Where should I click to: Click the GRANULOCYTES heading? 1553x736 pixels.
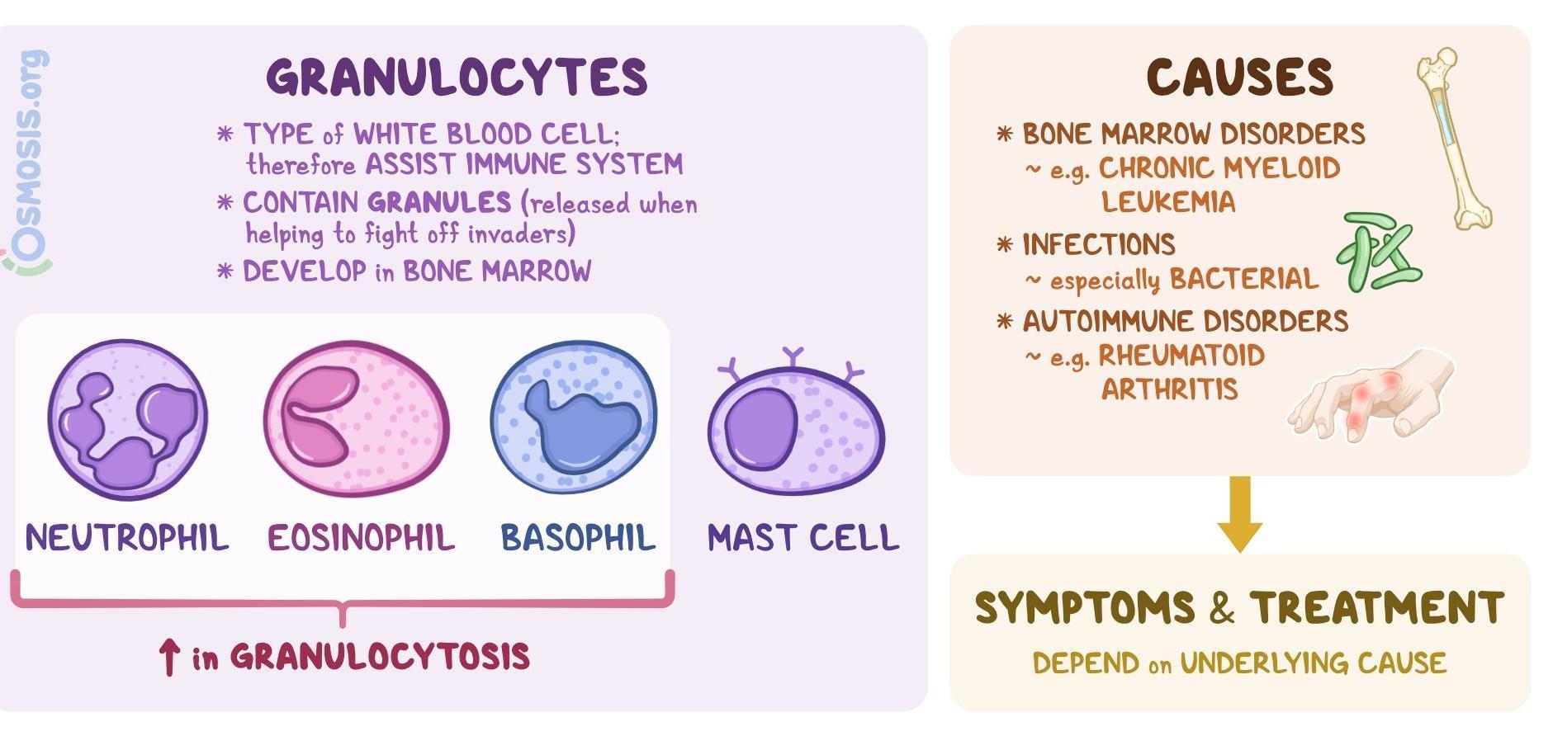click(x=457, y=78)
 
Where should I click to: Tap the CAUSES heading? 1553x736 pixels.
click(x=1239, y=78)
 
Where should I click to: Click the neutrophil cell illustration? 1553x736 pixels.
click(x=127, y=419)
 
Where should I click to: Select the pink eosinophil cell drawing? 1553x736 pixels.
click(x=357, y=419)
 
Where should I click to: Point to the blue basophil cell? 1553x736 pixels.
click(x=574, y=417)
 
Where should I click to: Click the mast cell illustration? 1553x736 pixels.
click(x=796, y=429)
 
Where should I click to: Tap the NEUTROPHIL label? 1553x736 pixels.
click(x=126, y=538)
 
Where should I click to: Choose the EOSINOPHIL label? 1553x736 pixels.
click(x=361, y=538)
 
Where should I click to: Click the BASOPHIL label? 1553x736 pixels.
click(x=577, y=538)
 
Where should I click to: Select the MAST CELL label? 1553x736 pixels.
click(x=803, y=538)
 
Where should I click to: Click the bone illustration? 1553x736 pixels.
click(x=1454, y=136)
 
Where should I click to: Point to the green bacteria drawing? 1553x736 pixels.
click(x=1377, y=252)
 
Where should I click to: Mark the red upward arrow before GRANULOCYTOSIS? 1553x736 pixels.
click(x=169, y=658)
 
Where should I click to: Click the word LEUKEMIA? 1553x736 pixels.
click(x=1167, y=202)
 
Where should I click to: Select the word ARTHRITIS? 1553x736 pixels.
click(x=1169, y=389)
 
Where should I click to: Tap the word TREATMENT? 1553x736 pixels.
click(x=1376, y=608)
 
